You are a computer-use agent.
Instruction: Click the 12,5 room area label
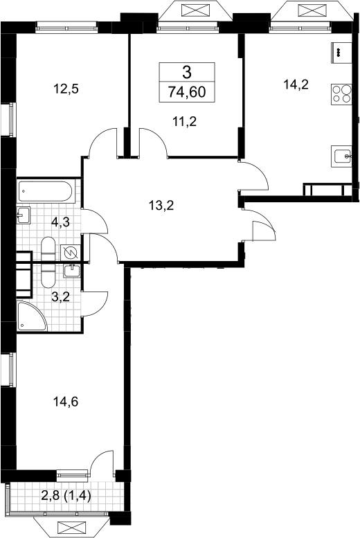pyautogui.click(x=66, y=89)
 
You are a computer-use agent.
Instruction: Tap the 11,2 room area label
pyautogui.click(x=185, y=121)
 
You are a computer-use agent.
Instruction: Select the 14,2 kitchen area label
pyautogui.click(x=296, y=84)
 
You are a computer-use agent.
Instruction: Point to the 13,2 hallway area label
pyautogui.click(x=161, y=206)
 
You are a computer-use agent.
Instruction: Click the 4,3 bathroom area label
pyautogui.click(x=60, y=222)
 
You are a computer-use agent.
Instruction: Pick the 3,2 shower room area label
pyautogui.click(x=60, y=296)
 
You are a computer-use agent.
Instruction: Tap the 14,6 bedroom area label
pyautogui.click(x=66, y=401)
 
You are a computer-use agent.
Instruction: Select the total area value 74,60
pyautogui.click(x=187, y=92)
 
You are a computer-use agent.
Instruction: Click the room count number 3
pyautogui.click(x=187, y=73)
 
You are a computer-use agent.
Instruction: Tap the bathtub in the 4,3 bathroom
pyautogui.click(x=46, y=192)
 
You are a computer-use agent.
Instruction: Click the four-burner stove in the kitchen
pyautogui.click(x=341, y=93)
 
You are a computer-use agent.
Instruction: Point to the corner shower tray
pyautogui.click(x=31, y=316)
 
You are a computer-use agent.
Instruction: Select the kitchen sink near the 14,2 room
pyautogui.click(x=341, y=156)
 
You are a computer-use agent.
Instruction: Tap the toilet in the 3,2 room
pyautogui.click(x=48, y=276)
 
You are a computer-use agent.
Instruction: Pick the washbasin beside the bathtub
pyautogui.click(x=24, y=215)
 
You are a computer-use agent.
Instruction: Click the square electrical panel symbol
pyautogui.click(x=71, y=253)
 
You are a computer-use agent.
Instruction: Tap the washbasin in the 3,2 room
pyautogui.click(x=72, y=270)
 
